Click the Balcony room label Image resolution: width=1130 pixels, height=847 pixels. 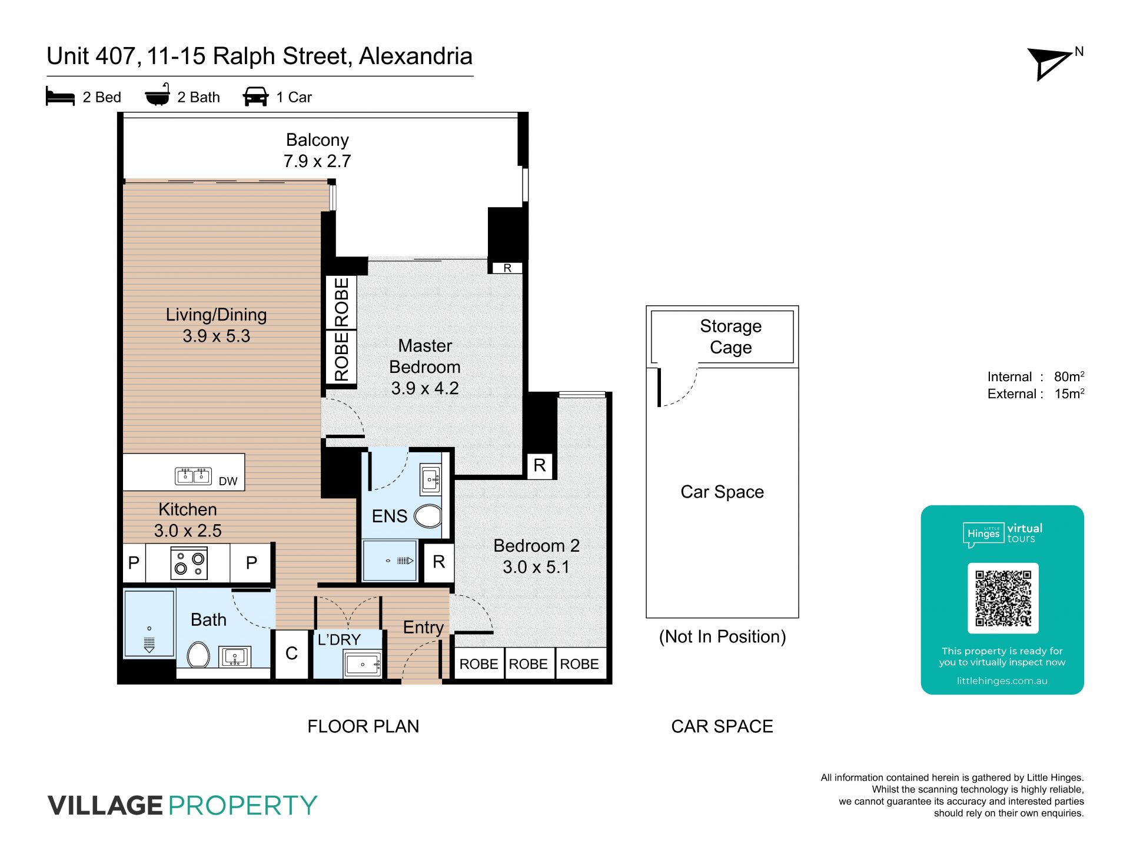317,140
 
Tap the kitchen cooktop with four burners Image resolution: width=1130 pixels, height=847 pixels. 189,563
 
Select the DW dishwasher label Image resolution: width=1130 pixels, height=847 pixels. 228,481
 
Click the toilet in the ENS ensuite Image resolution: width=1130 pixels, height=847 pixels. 428,516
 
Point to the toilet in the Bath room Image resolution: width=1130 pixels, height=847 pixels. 198,654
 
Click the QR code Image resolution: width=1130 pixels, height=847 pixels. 1003,598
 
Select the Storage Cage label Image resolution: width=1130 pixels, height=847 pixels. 730,336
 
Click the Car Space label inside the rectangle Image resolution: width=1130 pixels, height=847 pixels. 722,492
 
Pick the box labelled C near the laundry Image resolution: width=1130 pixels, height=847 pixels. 291,653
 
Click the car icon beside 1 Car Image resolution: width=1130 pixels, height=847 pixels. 255,96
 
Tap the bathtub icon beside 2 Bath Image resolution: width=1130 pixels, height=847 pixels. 158,95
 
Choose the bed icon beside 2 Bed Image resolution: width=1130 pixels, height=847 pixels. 60,96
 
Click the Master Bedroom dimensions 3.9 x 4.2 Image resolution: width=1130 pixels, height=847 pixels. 425,388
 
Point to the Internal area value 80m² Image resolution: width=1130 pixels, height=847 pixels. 1069,376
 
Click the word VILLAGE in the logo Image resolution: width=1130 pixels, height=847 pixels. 105,805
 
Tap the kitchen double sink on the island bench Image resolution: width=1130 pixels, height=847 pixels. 193,475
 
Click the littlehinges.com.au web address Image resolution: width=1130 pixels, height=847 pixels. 1002,681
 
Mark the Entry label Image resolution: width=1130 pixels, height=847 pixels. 423,628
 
